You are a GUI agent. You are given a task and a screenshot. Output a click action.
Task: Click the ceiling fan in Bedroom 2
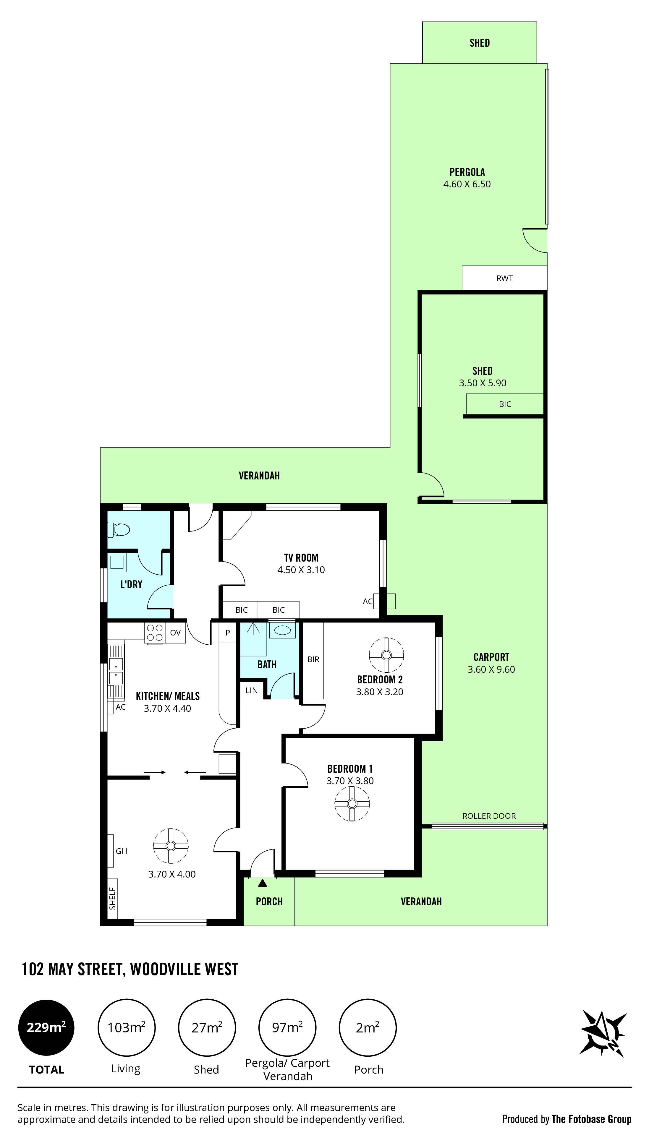(x=386, y=655)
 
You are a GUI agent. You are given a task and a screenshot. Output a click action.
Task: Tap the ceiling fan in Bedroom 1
(x=352, y=803)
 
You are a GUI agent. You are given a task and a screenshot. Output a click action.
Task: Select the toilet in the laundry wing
(x=119, y=530)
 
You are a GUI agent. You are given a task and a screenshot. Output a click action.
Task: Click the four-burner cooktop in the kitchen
(x=155, y=633)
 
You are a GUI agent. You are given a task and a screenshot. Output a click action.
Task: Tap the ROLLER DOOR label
(x=489, y=816)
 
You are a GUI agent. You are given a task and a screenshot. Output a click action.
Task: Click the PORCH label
(x=269, y=902)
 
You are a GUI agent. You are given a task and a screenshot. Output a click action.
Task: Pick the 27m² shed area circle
(x=207, y=1028)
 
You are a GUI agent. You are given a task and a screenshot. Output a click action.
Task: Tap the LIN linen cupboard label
(x=251, y=690)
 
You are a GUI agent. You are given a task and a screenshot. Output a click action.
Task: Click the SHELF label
(x=112, y=898)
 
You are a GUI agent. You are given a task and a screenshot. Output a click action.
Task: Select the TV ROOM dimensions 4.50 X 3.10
(x=301, y=570)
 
